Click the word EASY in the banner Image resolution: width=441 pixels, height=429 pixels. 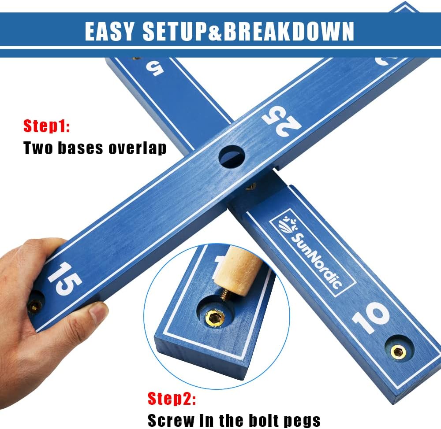pyautogui.click(x=110, y=31)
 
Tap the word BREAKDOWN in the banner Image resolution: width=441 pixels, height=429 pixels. pyautogui.click(x=289, y=31)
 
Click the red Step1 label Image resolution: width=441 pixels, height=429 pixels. pyautogui.click(x=47, y=126)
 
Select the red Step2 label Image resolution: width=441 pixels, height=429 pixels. pyautogui.click(x=172, y=398)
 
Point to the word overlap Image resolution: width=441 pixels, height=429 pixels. pyautogui.click(x=138, y=148)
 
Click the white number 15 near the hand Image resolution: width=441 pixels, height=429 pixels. pyautogui.click(x=64, y=279)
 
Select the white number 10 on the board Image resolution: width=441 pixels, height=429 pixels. pyautogui.click(x=371, y=317)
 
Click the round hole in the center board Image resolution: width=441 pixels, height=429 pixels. pyautogui.click(x=232, y=156)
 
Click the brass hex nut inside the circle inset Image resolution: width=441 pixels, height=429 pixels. pyautogui.click(x=215, y=318)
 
